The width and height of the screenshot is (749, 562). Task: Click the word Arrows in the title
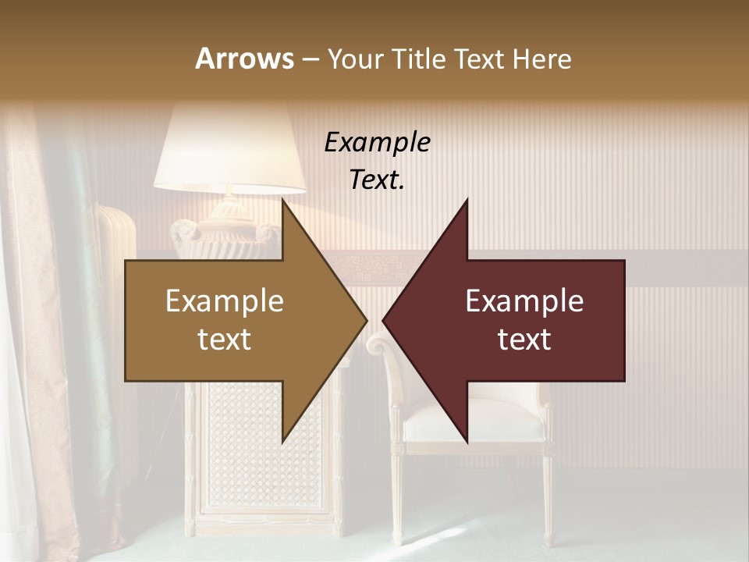pyautogui.click(x=243, y=59)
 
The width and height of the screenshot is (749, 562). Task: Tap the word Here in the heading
pyautogui.click(x=543, y=59)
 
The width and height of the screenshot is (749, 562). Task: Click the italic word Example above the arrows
pyautogui.click(x=377, y=143)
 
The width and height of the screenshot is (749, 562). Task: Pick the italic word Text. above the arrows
pyautogui.click(x=377, y=180)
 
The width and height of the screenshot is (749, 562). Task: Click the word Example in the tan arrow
pyautogui.click(x=224, y=301)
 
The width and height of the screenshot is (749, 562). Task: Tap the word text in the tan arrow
pyautogui.click(x=224, y=340)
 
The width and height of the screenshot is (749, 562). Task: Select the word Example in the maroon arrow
pyautogui.click(x=524, y=301)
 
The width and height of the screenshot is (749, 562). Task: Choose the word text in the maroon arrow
pyautogui.click(x=524, y=340)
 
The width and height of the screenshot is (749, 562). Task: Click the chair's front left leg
pyautogui.click(x=396, y=500)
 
